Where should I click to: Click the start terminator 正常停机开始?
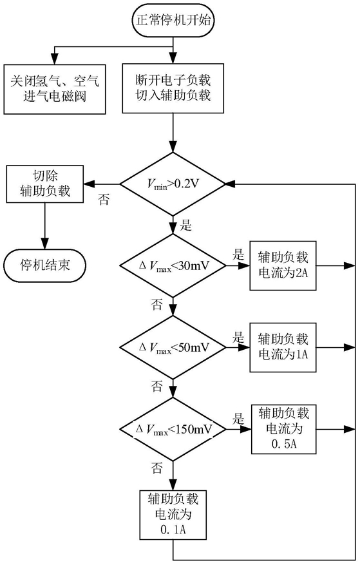point(173,20)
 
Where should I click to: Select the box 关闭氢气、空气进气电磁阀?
point(55,90)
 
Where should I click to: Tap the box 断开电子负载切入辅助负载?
point(173,89)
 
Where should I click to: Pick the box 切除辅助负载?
point(45,184)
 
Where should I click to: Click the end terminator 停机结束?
point(45,265)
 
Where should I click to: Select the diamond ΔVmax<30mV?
point(173,266)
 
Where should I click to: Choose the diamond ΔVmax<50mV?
point(173,347)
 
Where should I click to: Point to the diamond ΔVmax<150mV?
point(173,429)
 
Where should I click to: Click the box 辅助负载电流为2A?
point(283,265)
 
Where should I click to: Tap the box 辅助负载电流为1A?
point(283,347)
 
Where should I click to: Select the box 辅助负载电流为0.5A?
point(283,429)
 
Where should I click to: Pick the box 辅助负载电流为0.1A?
point(173,514)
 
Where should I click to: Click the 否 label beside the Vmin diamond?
point(104,199)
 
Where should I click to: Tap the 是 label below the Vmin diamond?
point(186,225)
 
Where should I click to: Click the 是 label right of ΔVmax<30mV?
point(238,254)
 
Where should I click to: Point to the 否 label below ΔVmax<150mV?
point(156,468)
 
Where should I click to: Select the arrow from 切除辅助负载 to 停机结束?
point(45,225)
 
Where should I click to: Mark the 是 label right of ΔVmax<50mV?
point(238,338)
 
